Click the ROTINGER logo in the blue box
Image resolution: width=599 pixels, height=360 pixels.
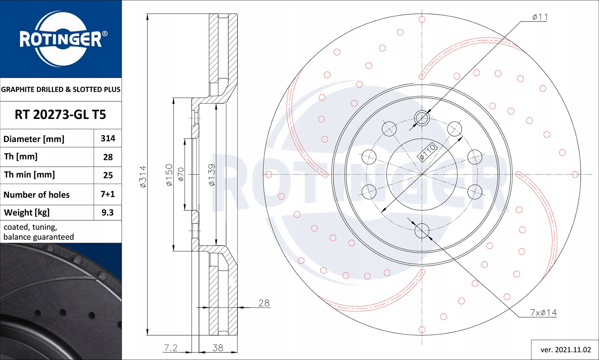61,39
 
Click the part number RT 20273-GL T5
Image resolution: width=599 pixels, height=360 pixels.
60,115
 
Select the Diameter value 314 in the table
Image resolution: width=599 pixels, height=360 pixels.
108,138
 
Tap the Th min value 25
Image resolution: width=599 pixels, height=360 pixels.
108,175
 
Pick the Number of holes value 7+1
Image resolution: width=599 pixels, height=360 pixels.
108,194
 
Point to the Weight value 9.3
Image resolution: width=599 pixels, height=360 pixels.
107,213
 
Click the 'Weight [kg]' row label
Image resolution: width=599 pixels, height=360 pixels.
27,213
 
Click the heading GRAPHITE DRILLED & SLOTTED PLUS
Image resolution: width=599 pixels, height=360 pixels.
61,89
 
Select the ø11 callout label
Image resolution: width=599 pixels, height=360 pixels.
540,17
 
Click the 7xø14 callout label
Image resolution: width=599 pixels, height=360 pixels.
543,313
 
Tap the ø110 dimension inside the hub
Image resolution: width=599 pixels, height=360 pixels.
427,152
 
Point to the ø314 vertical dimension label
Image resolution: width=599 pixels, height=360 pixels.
143,176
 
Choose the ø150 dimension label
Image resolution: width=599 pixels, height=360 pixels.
169,175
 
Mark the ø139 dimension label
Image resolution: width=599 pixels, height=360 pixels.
212,175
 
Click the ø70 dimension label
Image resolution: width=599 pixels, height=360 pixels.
181,175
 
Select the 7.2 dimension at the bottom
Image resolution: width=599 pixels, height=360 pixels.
171,348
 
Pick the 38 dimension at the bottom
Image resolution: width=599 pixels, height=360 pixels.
218,348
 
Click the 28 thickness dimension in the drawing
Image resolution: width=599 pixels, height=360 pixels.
264,303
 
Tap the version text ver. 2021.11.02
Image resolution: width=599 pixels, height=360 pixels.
565,350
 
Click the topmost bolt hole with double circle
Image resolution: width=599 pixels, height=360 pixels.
422,118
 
